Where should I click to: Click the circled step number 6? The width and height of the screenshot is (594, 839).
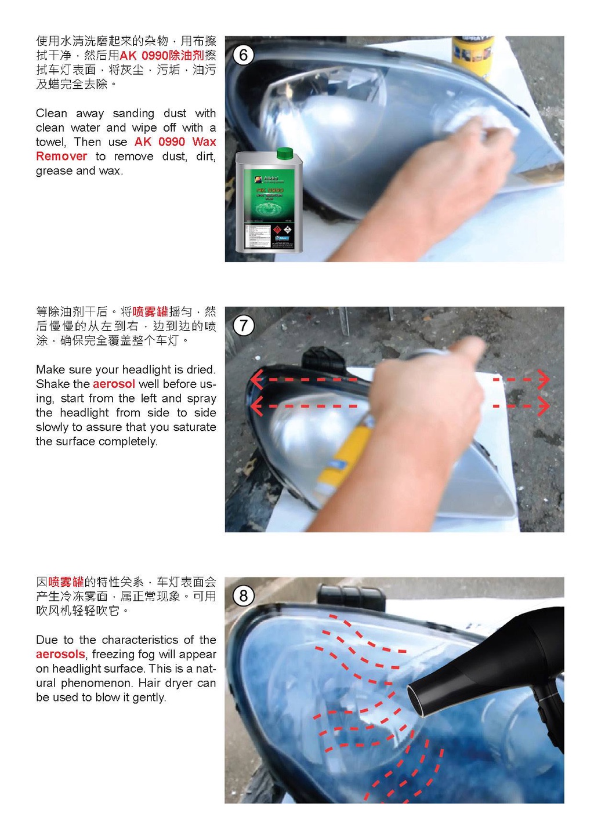point(243,55)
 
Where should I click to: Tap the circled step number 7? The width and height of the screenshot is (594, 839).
point(243,325)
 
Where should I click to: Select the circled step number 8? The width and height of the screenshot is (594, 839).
point(243,595)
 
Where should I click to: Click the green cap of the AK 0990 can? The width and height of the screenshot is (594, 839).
point(284,153)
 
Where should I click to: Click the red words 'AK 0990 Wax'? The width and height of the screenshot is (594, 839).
point(175,142)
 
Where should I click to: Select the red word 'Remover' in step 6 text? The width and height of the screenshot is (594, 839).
point(61,157)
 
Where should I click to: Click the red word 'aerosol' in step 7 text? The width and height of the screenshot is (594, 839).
point(114,384)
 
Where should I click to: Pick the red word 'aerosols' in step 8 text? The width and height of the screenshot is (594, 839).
point(60,654)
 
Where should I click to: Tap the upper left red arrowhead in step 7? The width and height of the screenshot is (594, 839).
point(256,379)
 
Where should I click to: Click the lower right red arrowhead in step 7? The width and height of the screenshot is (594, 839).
point(544,406)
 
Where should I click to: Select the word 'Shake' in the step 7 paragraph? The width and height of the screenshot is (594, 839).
point(52,384)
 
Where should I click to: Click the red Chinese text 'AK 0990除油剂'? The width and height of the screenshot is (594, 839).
point(162,56)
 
